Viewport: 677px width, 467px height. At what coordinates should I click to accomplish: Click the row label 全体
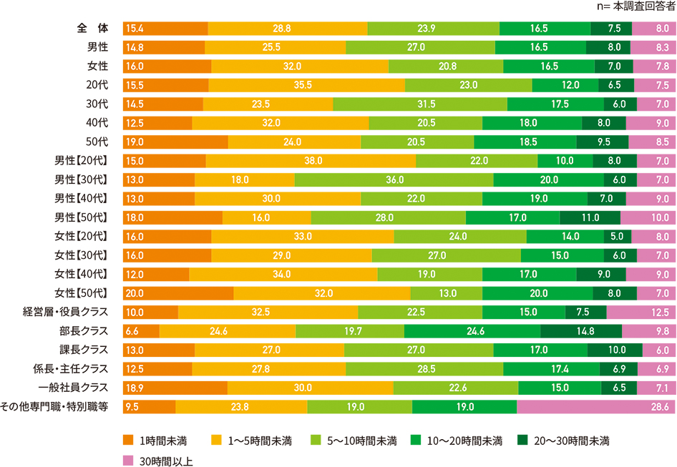pyautogui.click(x=92, y=29)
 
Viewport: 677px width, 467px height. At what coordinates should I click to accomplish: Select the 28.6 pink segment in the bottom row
pyautogui.click(x=596, y=406)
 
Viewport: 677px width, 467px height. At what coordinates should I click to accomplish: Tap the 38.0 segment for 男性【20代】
pyautogui.click(x=311, y=160)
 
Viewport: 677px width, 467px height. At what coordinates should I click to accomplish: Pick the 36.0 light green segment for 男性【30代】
pyautogui.click(x=394, y=179)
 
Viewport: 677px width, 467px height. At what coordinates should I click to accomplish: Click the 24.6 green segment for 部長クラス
pyautogui.click(x=472, y=330)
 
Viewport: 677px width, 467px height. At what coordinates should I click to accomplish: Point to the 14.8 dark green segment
pyautogui.click(x=581, y=330)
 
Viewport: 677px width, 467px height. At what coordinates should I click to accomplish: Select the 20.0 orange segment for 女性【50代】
pyautogui.click(x=178, y=292)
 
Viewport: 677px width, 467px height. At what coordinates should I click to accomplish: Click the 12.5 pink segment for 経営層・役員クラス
pyautogui.click(x=641, y=312)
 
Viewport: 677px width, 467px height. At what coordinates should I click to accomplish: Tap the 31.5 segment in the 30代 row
pyautogui.click(x=420, y=104)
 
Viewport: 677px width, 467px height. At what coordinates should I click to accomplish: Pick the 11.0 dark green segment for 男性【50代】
pyautogui.click(x=590, y=217)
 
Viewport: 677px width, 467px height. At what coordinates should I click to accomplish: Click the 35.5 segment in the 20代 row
pyautogui.click(x=306, y=85)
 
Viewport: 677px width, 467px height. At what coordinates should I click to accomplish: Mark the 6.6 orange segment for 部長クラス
pyautogui.click(x=141, y=330)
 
